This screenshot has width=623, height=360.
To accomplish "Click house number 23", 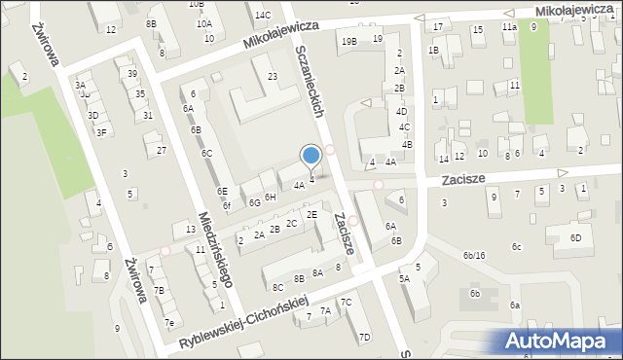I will (x=273, y=76).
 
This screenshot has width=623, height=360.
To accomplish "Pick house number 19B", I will (x=348, y=40).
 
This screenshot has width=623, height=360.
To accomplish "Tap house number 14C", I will (x=263, y=15).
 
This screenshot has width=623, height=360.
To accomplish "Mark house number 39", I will (x=132, y=74).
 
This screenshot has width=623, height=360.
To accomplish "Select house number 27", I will (x=162, y=150).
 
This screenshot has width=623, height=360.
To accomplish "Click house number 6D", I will (x=575, y=237).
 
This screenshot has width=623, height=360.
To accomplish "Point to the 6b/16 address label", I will (x=474, y=255).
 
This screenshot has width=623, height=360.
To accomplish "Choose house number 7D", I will (x=364, y=337).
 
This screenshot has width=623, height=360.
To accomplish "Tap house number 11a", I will (x=509, y=27).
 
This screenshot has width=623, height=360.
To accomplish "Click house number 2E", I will (x=311, y=214).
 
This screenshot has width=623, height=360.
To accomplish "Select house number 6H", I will (x=271, y=197).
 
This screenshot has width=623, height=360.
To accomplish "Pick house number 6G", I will (x=254, y=202).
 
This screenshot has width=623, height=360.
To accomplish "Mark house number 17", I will (x=438, y=26).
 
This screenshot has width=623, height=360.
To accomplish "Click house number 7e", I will (x=168, y=323).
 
